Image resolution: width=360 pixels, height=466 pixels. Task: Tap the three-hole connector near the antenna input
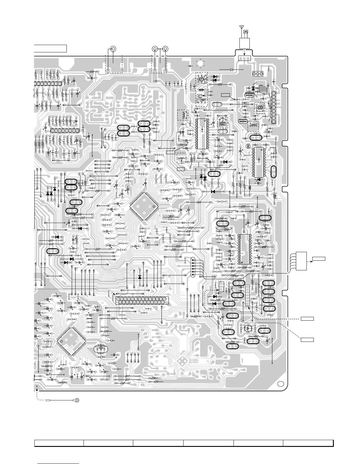(257, 74)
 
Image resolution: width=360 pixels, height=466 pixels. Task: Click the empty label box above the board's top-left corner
(50, 48)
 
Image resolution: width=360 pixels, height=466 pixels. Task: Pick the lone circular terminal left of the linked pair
(113, 49)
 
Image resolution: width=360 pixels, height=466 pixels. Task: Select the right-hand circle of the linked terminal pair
(166, 49)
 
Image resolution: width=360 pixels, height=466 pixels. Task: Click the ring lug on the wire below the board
(77, 400)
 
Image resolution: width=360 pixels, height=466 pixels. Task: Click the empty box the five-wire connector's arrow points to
(319, 259)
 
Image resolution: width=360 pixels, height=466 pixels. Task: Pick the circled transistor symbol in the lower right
(248, 328)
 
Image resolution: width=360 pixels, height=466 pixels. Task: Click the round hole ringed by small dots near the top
(201, 63)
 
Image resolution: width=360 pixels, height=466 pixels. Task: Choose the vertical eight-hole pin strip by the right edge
(274, 107)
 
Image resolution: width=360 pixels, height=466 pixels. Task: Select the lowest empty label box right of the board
(307, 340)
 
